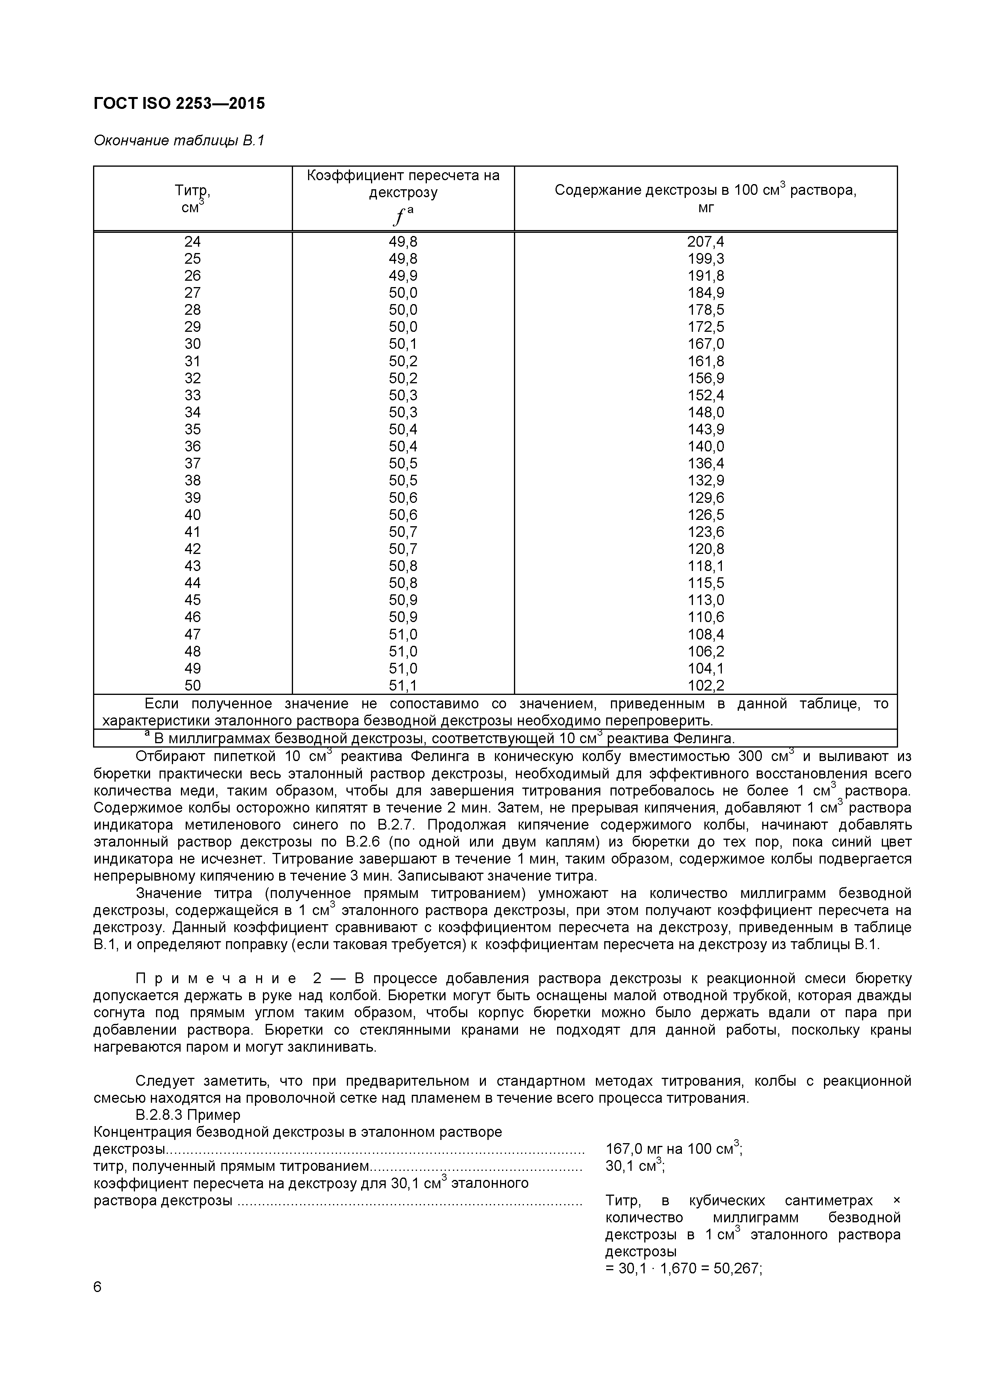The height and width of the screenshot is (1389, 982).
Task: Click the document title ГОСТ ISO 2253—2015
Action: (179, 103)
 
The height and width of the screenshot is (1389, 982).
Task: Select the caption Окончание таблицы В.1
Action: (179, 141)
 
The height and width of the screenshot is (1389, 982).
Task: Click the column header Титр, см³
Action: (192, 198)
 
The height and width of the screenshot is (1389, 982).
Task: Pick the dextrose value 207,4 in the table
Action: (706, 242)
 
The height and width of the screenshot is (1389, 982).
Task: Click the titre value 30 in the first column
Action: (192, 344)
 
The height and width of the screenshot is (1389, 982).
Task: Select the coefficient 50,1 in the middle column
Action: (403, 344)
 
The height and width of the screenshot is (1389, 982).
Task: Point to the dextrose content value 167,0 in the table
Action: (706, 344)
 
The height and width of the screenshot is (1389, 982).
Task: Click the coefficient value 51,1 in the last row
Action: (403, 685)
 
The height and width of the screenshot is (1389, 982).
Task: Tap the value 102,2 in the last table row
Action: (706, 685)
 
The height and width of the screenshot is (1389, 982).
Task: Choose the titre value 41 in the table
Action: (192, 532)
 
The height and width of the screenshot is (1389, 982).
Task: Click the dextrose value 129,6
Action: (706, 498)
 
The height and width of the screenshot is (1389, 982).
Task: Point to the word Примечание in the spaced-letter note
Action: (216, 979)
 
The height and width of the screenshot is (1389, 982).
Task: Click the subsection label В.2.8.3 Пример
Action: (188, 1114)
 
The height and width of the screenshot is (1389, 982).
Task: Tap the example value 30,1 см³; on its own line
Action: (634, 1166)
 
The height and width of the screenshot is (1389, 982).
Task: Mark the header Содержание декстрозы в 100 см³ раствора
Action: (706, 190)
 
